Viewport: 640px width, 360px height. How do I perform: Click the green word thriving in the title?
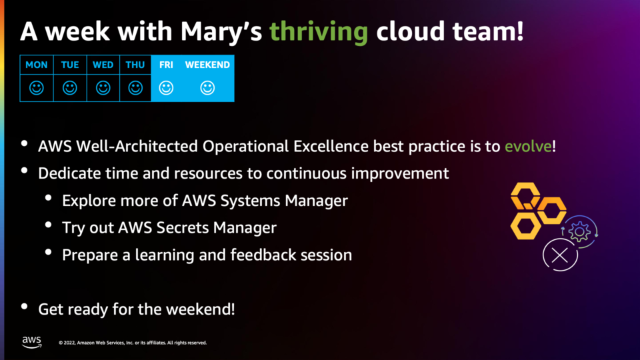pos(319,32)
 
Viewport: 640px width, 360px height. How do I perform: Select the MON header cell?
pos(36,65)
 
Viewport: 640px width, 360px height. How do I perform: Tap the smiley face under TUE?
pos(70,88)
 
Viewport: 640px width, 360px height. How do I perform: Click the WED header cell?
pos(103,65)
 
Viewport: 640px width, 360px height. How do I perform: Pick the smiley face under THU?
pos(135,88)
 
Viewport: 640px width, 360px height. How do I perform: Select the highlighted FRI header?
pos(166,65)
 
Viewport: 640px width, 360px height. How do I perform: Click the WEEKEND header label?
pos(207,65)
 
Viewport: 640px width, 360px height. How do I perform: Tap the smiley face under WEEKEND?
pos(207,88)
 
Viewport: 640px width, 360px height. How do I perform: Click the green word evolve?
pos(528,147)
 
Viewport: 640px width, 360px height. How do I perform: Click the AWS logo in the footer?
pos(31,342)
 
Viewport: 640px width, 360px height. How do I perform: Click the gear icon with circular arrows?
pos(579,232)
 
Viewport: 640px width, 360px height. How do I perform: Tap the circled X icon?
pos(560,255)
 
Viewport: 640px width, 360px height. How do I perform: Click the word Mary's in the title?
pos(221,32)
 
